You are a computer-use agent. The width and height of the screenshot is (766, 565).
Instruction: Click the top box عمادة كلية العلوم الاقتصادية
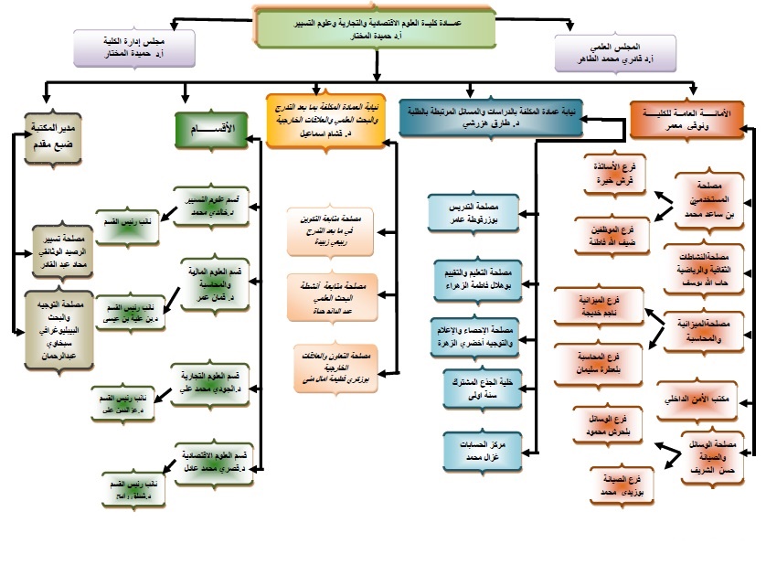pyautogui.click(x=378, y=29)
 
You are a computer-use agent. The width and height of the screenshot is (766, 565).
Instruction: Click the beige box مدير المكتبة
pyautogui.click(x=55, y=135)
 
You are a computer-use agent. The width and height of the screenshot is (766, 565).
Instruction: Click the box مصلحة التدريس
pyautogui.click(x=473, y=213)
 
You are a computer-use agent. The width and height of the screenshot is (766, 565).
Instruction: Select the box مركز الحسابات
pyautogui.click(x=473, y=448)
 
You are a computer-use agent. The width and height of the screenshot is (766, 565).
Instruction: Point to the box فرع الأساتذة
pyautogui.click(x=617, y=176)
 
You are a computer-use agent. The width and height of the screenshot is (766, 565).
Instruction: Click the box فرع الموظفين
pyautogui.click(x=610, y=233)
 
